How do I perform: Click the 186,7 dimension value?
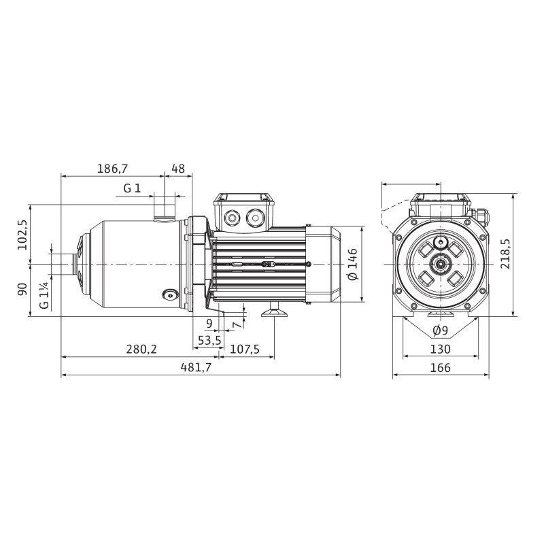(x=112, y=169)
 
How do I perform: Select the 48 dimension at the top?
(x=178, y=169)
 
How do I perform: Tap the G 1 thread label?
(x=132, y=188)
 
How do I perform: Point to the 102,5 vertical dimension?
(x=22, y=235)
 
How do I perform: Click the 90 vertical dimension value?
(x=22, y=289)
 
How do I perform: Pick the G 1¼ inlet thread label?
(x=44, y=295)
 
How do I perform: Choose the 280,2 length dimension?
(x=141, y=349)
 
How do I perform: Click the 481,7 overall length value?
(x=196, y=368)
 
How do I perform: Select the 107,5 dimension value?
(x=245, y=349)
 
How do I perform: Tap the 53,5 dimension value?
(x=209, y=341)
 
